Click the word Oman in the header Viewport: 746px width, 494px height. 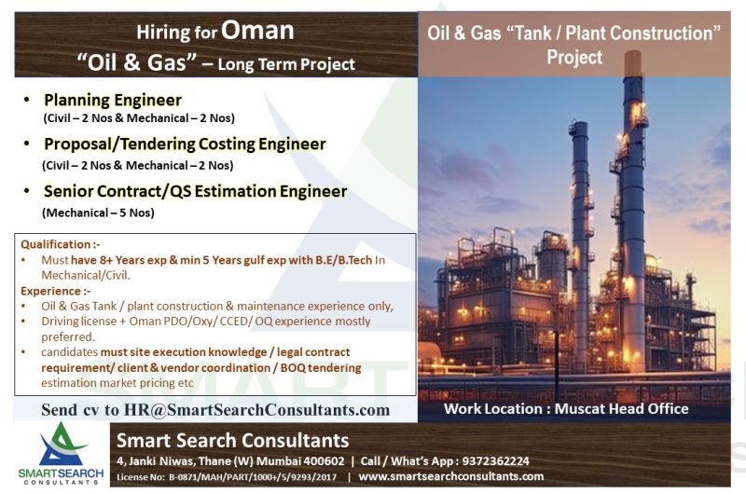257,31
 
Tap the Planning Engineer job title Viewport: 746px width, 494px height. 113,100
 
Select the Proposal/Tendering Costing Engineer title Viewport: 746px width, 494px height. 185,144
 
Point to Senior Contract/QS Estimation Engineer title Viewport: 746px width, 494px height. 196,191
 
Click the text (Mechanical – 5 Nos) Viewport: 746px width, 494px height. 99,213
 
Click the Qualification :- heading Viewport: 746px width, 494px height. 61,244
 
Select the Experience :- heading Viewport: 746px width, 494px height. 55,291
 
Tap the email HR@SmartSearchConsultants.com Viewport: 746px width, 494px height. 257,410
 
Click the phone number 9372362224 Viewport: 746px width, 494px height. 496,461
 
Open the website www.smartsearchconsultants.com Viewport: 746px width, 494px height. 451,476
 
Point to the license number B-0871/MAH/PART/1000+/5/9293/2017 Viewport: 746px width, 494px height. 253,477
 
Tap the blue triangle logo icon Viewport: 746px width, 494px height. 61,445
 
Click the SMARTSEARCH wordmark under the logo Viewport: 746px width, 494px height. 61,473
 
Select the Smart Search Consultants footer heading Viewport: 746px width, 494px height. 232,441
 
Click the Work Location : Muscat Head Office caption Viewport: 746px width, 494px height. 566,409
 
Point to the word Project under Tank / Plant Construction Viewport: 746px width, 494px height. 574,57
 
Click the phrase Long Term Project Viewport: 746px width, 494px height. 286,64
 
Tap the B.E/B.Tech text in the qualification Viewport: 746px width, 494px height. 343,260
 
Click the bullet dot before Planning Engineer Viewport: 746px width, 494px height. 27,100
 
